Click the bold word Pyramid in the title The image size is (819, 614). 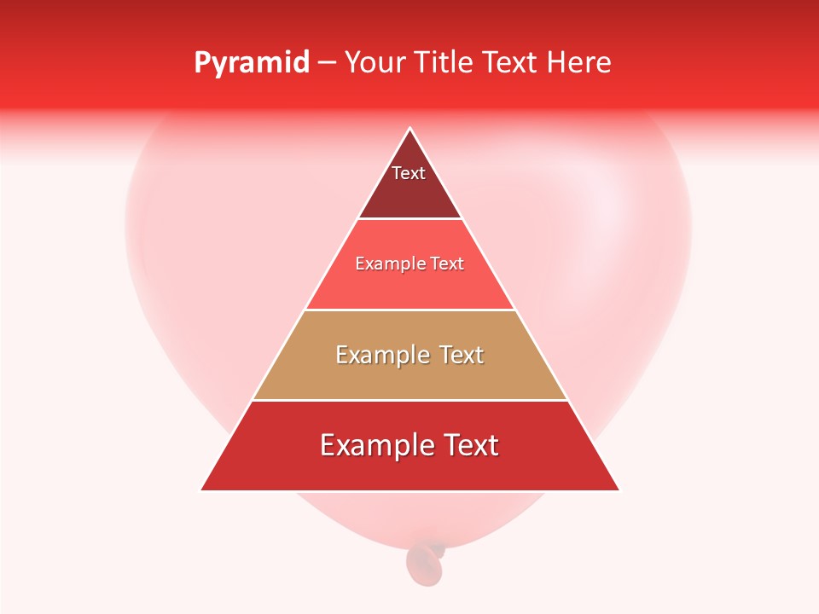pyautogui.click(x=252, y=62)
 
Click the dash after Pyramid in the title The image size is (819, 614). pyautogui.click(x=327, y=63)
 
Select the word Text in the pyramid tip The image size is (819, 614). pyautogui.click(x=409, y=173)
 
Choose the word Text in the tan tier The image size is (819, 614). pyautogui.click(x=462, y=355)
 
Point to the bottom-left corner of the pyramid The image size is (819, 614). pyautogui.click(x=201, y=489)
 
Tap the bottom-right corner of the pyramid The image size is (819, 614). pyautogui.click(x=619, y=489)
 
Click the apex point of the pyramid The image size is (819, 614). pyautogui.click(x=410, y=129)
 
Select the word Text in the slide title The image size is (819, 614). pyautogui.click(x=512, y=62)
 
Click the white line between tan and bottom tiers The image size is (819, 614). pyautogui.click(x=409, y=400)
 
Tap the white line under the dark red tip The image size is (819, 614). pyautogui.click(x=409, y=219)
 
